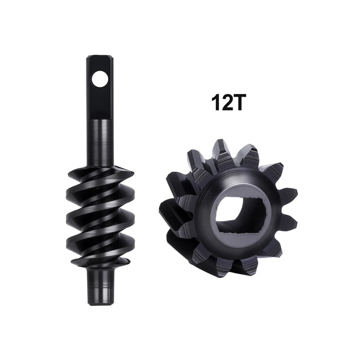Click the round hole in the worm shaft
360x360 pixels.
click(x=100, y=79)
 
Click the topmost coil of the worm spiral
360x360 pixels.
click(x=103, y=175)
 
